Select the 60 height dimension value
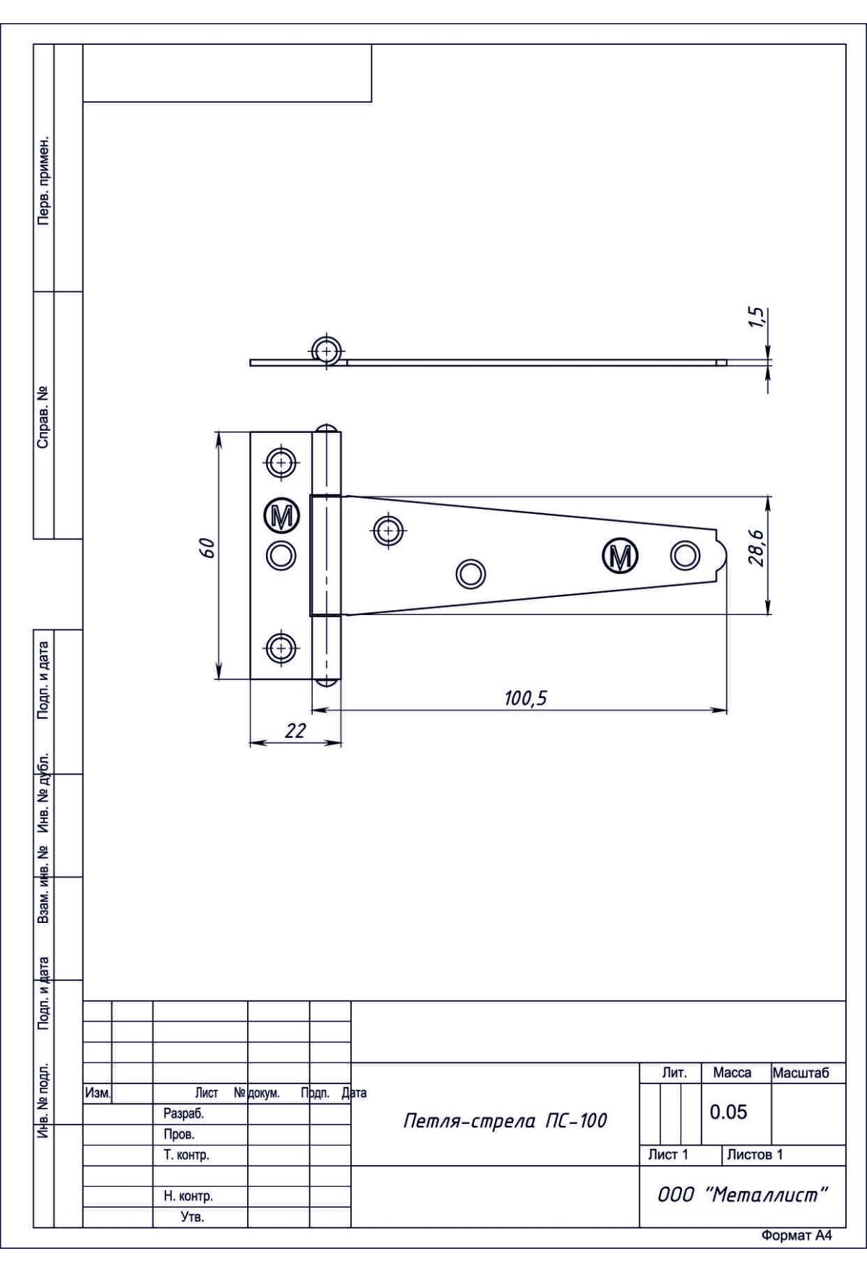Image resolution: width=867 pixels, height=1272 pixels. [x=208, y=549]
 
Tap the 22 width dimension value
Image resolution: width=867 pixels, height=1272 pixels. [x=295, y=731]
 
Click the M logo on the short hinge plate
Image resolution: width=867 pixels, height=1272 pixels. [x=281, y=515]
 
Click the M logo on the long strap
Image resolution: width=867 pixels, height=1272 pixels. [x=620, y=555]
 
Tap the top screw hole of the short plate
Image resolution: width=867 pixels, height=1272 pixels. [x=281, y=462]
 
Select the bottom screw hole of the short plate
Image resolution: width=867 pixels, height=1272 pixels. [x=281, y=648]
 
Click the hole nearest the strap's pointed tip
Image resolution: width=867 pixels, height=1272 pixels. [x=685, y=555]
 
